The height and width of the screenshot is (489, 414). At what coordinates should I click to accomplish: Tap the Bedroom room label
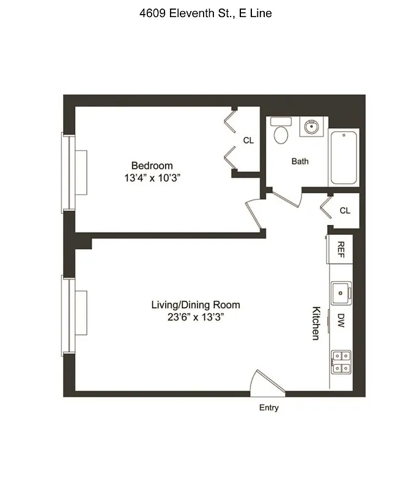tap(152, 166)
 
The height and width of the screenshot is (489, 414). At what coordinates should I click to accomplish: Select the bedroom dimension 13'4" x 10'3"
tap(152, 178)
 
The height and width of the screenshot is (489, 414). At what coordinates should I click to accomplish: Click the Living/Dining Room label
tap(195, 304)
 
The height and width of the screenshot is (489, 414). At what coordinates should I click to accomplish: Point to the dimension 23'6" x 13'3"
tap(195, 317)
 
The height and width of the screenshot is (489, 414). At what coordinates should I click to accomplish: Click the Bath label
tap(300, 161)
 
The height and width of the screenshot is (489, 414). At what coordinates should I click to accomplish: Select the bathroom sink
tap(311, 128)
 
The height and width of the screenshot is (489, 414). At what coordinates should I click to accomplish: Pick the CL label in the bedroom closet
tap(248, 141)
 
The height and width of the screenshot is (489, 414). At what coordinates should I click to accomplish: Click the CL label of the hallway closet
tap(345, 210)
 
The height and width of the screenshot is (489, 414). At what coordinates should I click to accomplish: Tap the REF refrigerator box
tap(341, 249)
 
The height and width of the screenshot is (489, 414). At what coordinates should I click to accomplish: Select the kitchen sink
tap(341, 293)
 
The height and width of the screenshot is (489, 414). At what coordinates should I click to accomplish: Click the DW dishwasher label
tap(341, 320)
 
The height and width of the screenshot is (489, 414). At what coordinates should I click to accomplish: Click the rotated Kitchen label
tap(316, 323)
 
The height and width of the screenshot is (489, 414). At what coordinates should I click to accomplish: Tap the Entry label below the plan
tap(268, 408)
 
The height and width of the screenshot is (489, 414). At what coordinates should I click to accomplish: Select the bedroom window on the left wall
tap(69, 172)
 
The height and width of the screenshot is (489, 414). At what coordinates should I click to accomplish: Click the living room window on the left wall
tap(69, 315)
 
